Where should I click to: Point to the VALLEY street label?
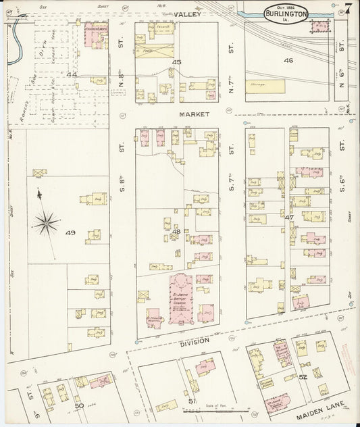(184, 14)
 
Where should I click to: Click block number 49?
(70, 233)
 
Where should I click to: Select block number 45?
(177, 62)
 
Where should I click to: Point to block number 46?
(289, 61)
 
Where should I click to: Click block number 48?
(176, 232)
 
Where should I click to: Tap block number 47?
(289, 218)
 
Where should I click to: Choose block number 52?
(303, 377)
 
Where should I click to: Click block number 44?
(72, 74)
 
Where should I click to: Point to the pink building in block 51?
(204, 367)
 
